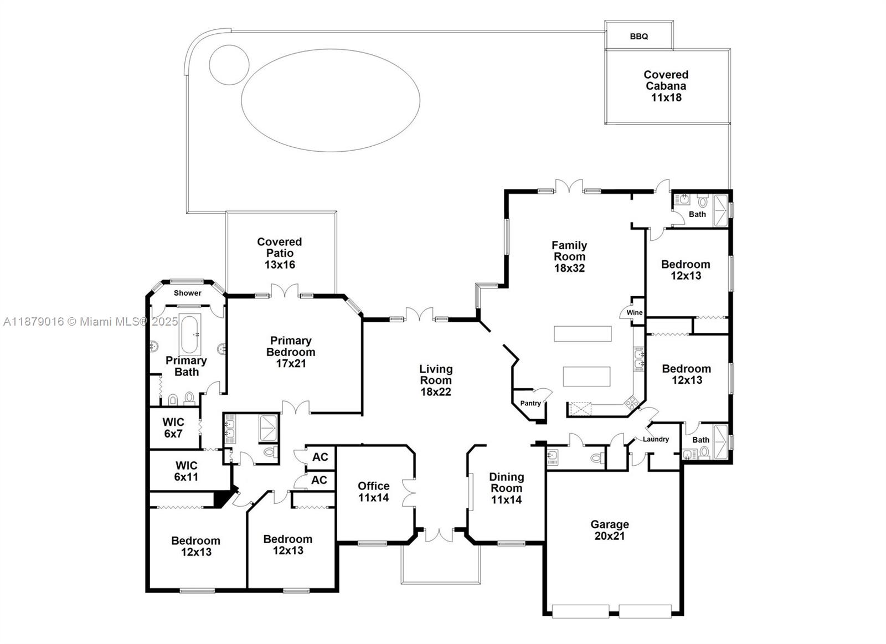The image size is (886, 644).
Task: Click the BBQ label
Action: click(638, 37)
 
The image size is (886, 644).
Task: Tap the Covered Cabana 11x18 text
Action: click(666, 86)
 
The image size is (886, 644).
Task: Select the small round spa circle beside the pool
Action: click(228, 64)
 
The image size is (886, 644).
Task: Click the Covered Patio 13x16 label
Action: click(280, 253)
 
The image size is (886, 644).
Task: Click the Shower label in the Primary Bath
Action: click(188, 293)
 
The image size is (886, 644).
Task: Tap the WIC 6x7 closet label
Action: click(173, 428)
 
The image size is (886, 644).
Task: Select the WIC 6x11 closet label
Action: click(186, 471)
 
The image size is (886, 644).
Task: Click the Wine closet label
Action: click(634, 313)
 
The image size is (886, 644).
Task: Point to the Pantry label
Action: click(530, 403)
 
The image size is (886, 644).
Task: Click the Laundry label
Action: click(656, 439)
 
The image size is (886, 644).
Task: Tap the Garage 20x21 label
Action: click(610, 530)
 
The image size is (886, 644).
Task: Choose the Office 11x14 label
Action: click(373, 492)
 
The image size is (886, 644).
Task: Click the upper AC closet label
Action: click(320, 457)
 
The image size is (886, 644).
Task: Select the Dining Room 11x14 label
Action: click(506, 488)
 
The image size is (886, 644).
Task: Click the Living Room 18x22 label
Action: click(436, 380)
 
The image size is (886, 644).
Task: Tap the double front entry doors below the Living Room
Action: click(439, 535)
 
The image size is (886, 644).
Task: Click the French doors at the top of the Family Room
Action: click(569, 187)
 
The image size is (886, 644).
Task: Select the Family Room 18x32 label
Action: click(569, 256)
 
